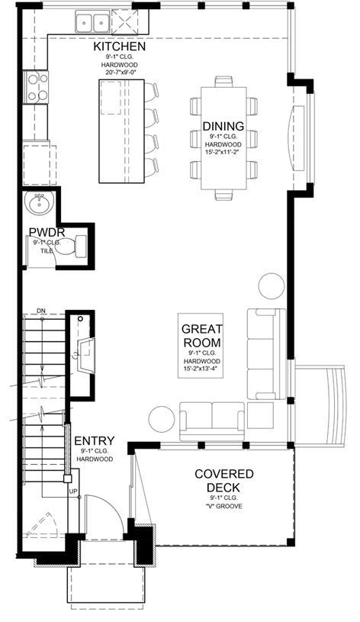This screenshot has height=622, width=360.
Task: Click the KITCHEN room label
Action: (x=119, y=47)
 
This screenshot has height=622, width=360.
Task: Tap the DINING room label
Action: (x=223, y=126)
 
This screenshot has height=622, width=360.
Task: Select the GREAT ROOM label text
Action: (x=201, y=335)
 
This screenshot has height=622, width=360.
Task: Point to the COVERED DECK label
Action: (x=223, y=480)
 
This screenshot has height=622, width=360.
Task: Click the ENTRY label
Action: (x=95, y=440)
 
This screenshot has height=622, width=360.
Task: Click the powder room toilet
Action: (x=72, y=246)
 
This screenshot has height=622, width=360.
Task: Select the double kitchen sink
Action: (x=93, y=22)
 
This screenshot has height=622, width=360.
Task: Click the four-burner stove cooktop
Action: (x=36, y=86)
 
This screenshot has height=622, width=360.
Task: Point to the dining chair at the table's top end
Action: (x=224, y=82)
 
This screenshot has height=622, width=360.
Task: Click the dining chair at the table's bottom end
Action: (x=224, y=195)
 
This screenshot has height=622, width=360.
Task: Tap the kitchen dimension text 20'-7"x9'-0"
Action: (x=119, y=73)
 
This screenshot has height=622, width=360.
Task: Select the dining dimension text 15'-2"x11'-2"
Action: (x=223, y=151)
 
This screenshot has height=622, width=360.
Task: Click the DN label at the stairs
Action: (x=41, y=310)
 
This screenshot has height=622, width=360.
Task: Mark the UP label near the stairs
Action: (x=73, y=491)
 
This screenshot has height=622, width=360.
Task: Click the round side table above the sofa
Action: (x=272, y=286)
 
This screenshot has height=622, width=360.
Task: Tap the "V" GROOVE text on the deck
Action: (x=224, y=506)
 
